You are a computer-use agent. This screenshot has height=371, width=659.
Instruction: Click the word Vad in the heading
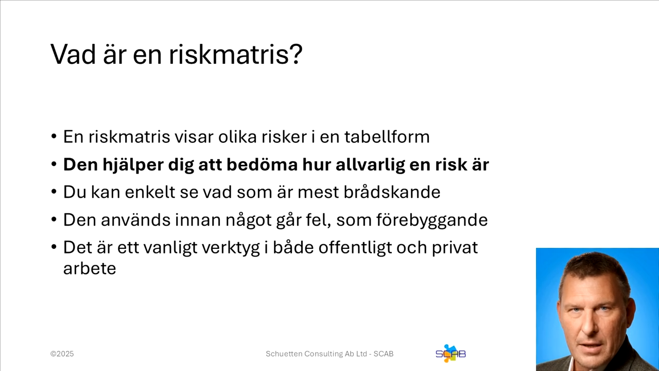73,54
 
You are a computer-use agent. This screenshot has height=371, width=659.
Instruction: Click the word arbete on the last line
90,268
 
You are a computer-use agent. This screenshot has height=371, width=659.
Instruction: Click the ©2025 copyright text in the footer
62,354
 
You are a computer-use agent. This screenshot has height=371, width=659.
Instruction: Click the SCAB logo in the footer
450,353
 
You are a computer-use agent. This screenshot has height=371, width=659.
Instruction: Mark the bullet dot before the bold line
54,165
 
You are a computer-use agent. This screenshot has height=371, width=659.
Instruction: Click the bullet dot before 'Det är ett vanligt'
54,248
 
